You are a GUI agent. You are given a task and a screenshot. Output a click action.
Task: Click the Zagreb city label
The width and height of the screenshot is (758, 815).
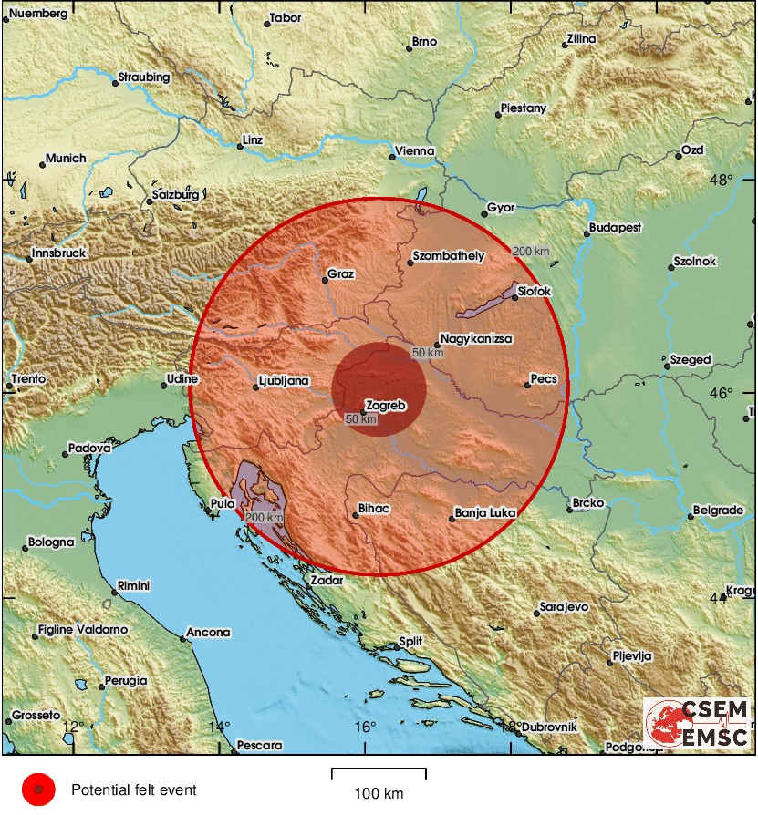(x=385, y=405)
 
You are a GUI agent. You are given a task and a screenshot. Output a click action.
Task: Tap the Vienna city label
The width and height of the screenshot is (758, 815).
(x=415, y=151)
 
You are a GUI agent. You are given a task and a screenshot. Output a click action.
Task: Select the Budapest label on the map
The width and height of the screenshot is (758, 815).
(x=616, y=227)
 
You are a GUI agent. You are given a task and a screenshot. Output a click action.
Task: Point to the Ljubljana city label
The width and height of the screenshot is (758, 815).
(x=284, y=380)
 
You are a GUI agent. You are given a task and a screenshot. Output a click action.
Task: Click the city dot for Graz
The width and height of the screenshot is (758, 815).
(x=325, y=281)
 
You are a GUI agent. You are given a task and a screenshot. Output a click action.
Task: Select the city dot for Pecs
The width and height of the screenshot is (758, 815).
(x=528, y=385)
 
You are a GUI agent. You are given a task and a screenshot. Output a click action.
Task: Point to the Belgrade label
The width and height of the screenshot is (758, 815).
(x=718, y=511)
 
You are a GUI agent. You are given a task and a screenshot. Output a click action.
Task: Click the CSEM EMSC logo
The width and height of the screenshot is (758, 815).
(x=698, y=723)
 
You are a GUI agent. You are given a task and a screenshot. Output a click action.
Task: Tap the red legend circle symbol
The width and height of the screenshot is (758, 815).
(x=38, y=790)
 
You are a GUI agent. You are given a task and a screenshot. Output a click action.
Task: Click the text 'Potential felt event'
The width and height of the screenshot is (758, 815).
(x=133, y=790)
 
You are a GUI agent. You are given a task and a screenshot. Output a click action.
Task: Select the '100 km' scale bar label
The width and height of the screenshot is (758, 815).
(x=379, y=794)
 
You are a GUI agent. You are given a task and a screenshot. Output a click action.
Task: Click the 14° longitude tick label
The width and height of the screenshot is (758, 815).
(x=218, y=727)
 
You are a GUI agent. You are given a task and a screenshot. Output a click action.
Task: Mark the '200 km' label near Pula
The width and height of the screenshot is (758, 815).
(x=264, y=517)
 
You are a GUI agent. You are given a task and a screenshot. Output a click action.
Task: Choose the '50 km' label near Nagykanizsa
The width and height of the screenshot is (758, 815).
(x=427, y=352)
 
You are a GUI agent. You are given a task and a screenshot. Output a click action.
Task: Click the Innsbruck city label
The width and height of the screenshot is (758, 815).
(x=59, y=253)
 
